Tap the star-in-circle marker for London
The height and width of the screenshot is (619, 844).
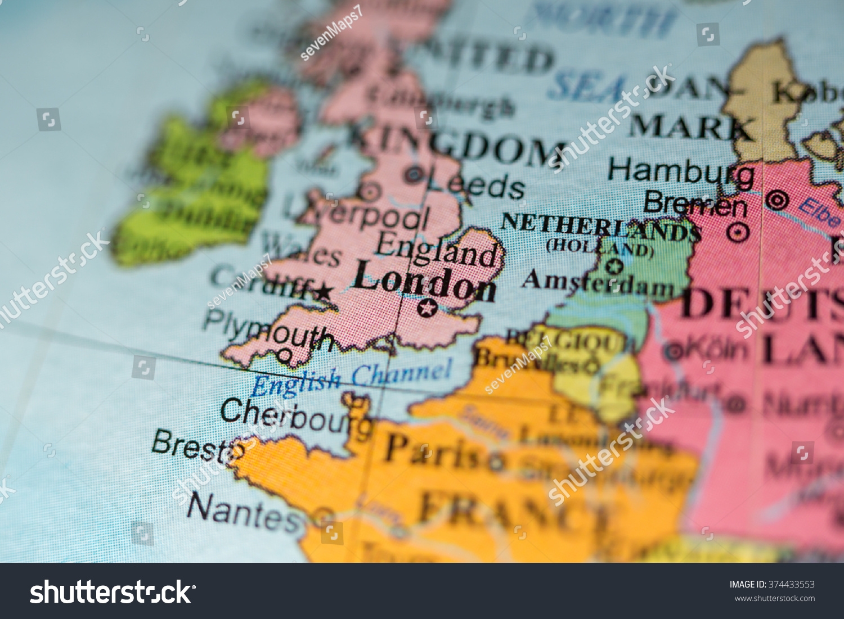tap(427, 308)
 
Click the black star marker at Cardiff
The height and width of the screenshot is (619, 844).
tap(323, 292)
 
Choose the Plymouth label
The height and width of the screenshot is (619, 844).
tap(268, 331)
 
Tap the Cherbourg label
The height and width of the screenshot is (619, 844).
tap(295, 417)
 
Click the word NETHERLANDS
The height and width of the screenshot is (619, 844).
tap(599, 228)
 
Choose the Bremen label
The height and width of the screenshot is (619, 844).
tap(695, 205)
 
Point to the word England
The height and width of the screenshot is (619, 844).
tap(437, 251)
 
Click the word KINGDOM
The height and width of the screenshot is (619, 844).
tap(456, 146)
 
